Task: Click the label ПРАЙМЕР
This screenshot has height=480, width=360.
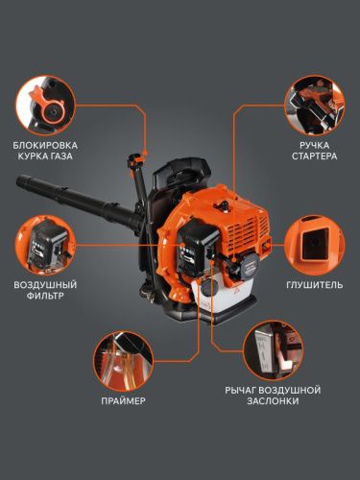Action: (122, 400)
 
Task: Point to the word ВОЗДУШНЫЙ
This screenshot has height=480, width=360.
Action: (44, 285)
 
